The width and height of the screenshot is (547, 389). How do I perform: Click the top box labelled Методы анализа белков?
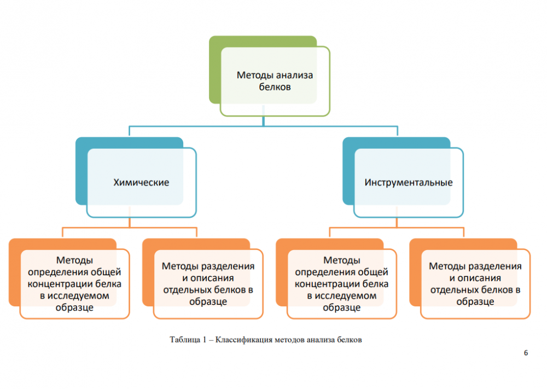coord(275,81)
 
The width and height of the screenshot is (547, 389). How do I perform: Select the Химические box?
coord(141,183)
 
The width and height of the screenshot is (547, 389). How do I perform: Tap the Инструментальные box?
coord(408,183)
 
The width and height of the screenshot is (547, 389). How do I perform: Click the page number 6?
coord(526,353)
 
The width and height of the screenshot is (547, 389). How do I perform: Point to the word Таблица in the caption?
coord(185,340)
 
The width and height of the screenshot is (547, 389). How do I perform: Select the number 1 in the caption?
coord(203,340)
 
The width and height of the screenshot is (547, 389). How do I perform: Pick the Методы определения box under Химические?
coord(74,283)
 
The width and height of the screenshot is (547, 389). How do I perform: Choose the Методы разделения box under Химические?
coord(208,283)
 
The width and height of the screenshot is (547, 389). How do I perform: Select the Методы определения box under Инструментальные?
coord(341,283)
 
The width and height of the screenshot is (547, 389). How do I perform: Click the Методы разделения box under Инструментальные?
coord(475,283)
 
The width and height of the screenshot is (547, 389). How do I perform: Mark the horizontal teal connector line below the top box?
coord(263,126)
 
